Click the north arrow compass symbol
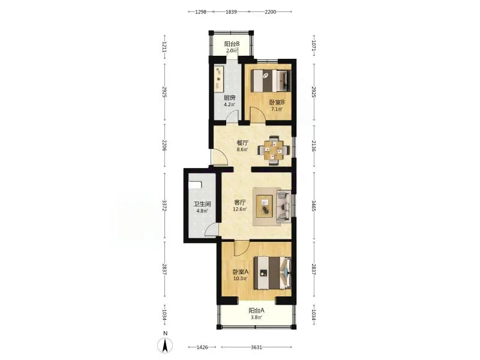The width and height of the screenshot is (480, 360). [x=165, y=346]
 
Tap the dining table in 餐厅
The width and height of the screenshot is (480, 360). [x=274, y=150]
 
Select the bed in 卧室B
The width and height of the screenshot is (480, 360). [x=269, y=80]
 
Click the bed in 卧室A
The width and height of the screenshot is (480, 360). [x=272, y=273]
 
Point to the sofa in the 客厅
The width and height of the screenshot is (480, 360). [x=284, y=206]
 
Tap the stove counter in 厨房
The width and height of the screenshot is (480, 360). [x=218, y=80]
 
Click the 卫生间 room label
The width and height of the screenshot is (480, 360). [x=202, y=204]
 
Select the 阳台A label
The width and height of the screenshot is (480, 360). [x=257, y=310]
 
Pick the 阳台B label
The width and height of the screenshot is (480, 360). [x=232, y=44]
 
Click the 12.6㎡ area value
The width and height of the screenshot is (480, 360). [x=240, y=209]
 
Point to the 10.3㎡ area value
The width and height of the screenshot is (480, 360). [x=241, y=278]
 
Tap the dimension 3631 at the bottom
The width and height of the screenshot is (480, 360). [x=257, y=347]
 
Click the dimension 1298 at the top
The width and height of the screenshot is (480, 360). [x=201, y=12]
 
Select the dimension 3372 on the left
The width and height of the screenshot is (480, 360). [x=164, y=206]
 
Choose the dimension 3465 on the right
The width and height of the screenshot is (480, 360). [x=313, y=206]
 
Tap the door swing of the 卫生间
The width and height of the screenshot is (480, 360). [x=211, y=230]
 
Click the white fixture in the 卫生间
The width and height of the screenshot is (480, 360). [x=194, y=185]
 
